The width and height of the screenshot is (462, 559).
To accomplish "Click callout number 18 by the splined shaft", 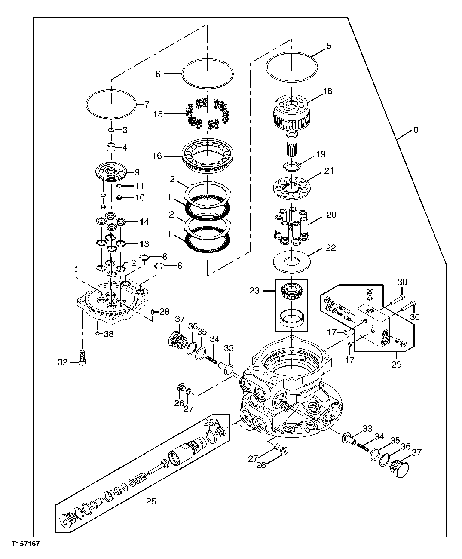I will tap(327, 92).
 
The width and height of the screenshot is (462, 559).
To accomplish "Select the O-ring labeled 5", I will tap(292, 67).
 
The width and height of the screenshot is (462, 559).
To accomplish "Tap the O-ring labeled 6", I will tap(208, 73).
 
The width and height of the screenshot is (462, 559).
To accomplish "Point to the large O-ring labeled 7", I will tap(111, 104).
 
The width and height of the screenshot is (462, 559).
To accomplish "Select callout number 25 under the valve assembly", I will tap(150, 501).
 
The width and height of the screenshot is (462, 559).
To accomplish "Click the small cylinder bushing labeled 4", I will tap(112, 147).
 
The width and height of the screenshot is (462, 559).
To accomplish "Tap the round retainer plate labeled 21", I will tap(291, 188).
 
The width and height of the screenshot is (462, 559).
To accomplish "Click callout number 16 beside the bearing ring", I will tap(157, 156).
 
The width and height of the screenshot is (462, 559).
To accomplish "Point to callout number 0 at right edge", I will tap(415, 130).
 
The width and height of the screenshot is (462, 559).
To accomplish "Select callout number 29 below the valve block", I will tap(396, 364).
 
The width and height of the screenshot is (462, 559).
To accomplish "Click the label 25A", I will tap(211, 423).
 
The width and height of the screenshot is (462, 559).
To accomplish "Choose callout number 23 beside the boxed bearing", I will tap(254, 291).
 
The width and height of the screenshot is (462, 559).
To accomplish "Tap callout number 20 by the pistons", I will tap(331, 215).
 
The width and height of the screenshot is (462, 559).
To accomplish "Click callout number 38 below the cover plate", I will tap(108, 333).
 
